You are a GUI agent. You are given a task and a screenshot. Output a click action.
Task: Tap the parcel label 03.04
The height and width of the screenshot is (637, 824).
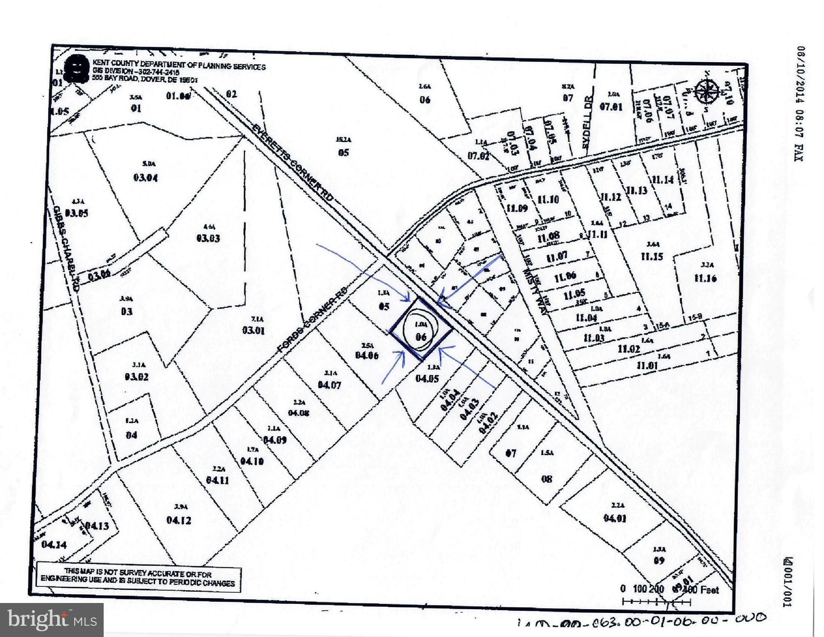coord(146,178)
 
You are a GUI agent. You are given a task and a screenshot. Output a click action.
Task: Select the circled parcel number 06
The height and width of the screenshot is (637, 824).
coord(421,336)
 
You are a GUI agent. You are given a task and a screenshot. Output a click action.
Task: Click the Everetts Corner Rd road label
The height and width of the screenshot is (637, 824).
coord(293,163)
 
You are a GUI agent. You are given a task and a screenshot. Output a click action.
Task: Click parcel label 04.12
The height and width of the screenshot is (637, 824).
coord(179,520)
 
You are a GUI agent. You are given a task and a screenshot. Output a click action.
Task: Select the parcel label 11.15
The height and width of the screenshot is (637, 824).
coord(652,256)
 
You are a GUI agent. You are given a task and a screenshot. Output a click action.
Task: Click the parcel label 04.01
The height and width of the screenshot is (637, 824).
coord(615,518)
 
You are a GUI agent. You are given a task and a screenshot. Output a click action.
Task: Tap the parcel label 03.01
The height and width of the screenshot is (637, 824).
coord(253,331)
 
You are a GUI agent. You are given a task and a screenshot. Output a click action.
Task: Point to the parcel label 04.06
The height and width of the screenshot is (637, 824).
coord(367,355)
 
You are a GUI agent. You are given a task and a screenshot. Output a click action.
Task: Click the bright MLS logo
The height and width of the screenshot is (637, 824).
coord(52,620)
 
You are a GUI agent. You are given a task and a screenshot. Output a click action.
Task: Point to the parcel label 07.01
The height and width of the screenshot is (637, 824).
coord(611,107)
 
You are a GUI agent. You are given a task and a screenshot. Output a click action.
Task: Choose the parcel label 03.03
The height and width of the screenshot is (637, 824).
coord(208,238)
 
